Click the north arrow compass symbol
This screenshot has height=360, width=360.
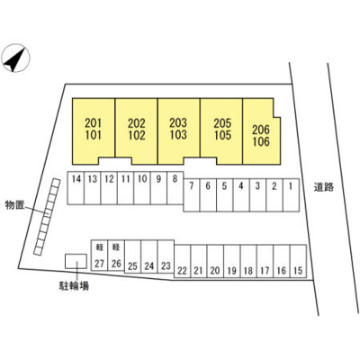click(15, 58)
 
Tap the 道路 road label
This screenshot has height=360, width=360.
click(324, 187)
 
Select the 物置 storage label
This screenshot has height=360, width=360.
click(14, 205)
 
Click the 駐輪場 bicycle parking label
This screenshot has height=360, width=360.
click(74, 286)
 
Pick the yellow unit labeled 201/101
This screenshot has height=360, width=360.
click(94, 131)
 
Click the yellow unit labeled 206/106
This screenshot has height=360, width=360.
click(262, 131)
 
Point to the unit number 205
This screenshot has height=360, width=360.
click(222, 123)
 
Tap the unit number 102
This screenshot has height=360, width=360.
click(137, 135)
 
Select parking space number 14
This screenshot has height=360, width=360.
click(76, 188)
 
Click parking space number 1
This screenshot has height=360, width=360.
click(291, 195)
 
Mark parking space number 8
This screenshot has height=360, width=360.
click(175, 188)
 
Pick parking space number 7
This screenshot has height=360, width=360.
click(192, 195)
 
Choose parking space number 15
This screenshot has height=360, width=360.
click(298, 261)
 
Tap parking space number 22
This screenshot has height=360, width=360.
click(182, 261)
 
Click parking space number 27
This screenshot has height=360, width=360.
click(99, 256)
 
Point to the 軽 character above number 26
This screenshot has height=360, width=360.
click(116, 247)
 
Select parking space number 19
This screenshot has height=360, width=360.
click(231, 261)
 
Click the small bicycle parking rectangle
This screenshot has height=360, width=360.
click(76, 261)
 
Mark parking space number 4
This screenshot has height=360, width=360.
click(241, 195)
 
